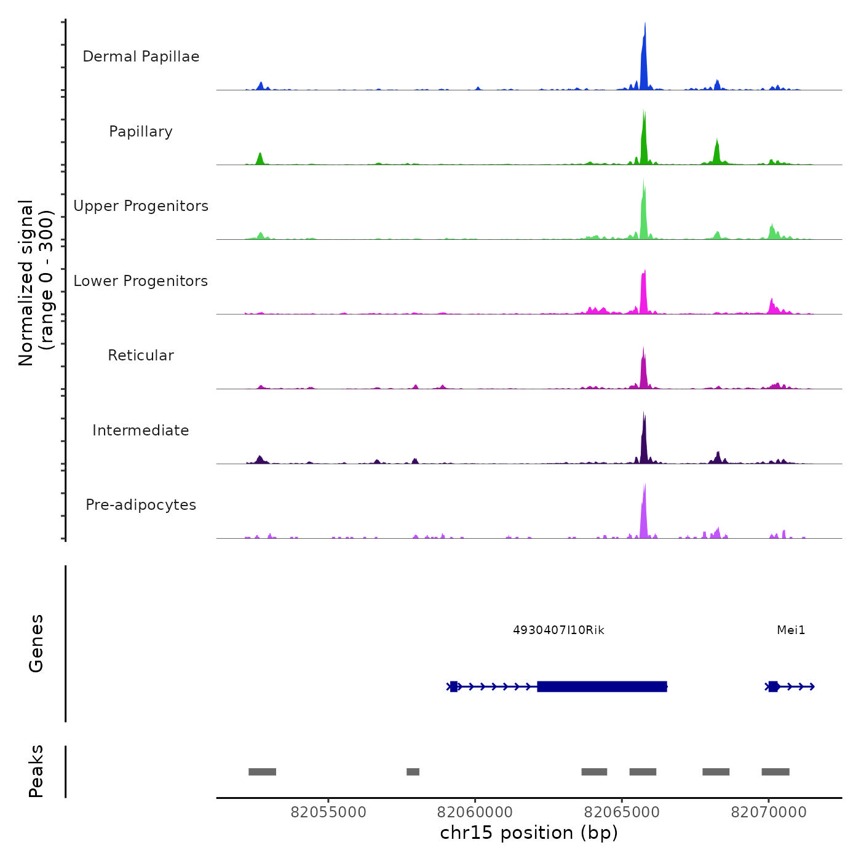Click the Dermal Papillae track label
coord(141,57)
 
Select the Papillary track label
coord(141,132)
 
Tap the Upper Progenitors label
coord(141,206)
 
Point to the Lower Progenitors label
coord(141,281)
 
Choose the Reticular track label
coord(141,355)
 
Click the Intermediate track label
coord(141,430)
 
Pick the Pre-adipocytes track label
coord(141,505)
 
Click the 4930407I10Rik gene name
coord(558,630)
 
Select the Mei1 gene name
coord(791,630)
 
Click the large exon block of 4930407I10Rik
coord(602,686)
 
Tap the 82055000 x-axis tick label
coord(328,812)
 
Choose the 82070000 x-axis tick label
coord(769,812)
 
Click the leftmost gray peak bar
coord(262,772)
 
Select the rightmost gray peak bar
coord(776,772)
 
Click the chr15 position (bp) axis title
coord(529,833)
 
